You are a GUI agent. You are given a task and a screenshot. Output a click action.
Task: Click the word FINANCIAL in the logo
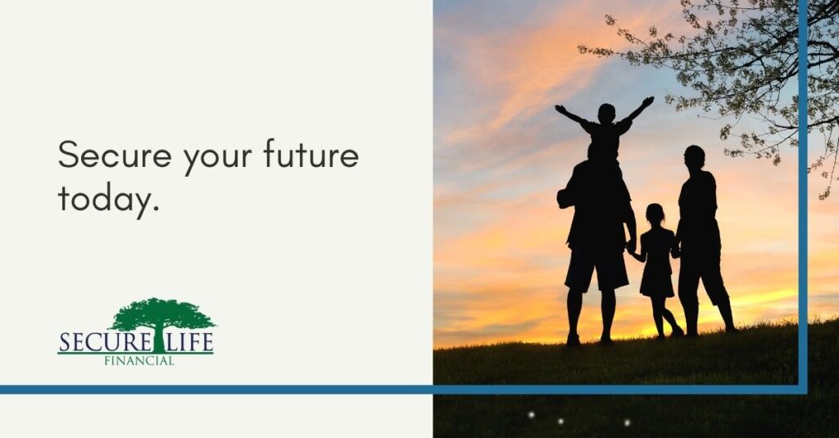138,360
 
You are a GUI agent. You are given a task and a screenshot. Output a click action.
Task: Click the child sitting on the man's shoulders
605,134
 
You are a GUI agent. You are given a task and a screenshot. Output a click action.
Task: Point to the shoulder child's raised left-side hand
560,109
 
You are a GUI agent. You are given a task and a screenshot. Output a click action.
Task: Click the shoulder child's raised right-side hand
649,101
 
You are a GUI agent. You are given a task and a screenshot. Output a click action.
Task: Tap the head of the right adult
694,156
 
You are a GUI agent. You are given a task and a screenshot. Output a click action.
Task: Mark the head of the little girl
655,214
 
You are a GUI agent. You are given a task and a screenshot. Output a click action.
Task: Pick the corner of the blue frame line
803,389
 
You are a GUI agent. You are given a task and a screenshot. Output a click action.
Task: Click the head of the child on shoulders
606,113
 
